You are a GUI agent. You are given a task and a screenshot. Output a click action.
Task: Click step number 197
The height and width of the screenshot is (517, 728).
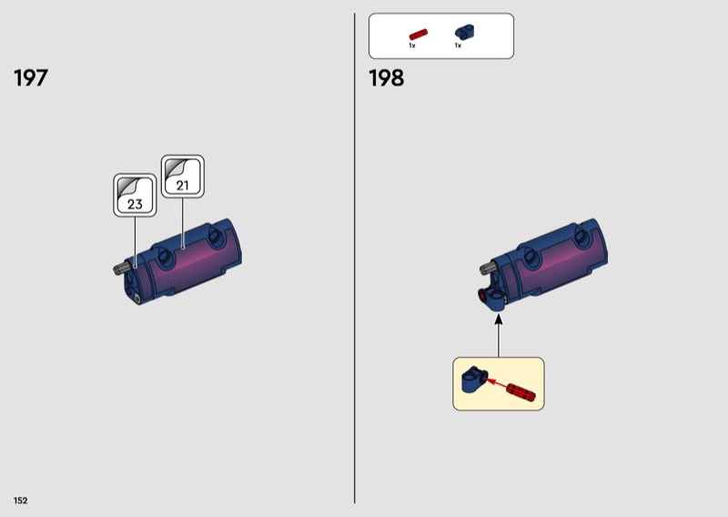(x=31, y=78)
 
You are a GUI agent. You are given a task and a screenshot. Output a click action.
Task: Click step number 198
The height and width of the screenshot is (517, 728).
(x=386, y=78)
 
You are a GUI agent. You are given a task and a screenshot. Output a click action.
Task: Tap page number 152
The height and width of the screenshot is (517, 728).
(x=20, y=501)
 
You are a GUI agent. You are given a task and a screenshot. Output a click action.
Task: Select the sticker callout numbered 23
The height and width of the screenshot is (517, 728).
(x=135, y=195)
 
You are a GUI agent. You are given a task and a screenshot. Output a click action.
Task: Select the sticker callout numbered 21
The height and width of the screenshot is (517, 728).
(x=183, y=177)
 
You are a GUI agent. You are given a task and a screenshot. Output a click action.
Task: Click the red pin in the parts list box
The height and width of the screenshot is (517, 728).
(x=418, y=35)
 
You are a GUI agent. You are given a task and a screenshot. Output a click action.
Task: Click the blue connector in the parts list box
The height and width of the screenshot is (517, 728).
(x=465, y=32)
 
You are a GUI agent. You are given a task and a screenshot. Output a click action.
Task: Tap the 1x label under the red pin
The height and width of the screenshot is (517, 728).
(x=412, y=46)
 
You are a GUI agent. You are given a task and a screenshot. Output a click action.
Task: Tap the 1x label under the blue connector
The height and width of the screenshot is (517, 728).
(x=458, y=46)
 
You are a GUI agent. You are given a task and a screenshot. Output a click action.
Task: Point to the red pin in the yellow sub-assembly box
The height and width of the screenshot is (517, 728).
(x=521, y=392)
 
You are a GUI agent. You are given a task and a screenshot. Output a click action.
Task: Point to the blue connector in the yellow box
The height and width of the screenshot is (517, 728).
(x=474, y=379)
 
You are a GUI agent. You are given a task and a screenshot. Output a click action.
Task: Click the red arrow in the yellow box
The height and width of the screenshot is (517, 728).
(x=496, y=384)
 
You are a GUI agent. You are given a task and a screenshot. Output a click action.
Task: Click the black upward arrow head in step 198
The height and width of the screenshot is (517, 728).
(x=499, y=319)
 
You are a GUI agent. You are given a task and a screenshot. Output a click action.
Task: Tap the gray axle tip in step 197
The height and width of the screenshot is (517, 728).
(x=120, y=269)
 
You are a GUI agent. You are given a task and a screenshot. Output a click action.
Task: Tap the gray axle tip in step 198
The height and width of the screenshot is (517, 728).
(x=486, y=267)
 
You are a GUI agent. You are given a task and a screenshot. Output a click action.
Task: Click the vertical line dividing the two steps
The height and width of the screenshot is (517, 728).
(x=355, y=258)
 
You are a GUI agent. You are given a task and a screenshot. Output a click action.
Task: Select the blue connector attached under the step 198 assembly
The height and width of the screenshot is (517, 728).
(x=493, y=299)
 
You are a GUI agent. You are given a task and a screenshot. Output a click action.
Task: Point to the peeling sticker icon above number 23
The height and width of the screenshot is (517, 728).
(x=128, y=187)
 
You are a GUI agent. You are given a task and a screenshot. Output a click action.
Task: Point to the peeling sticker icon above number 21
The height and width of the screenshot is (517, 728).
(x=177, y=168)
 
